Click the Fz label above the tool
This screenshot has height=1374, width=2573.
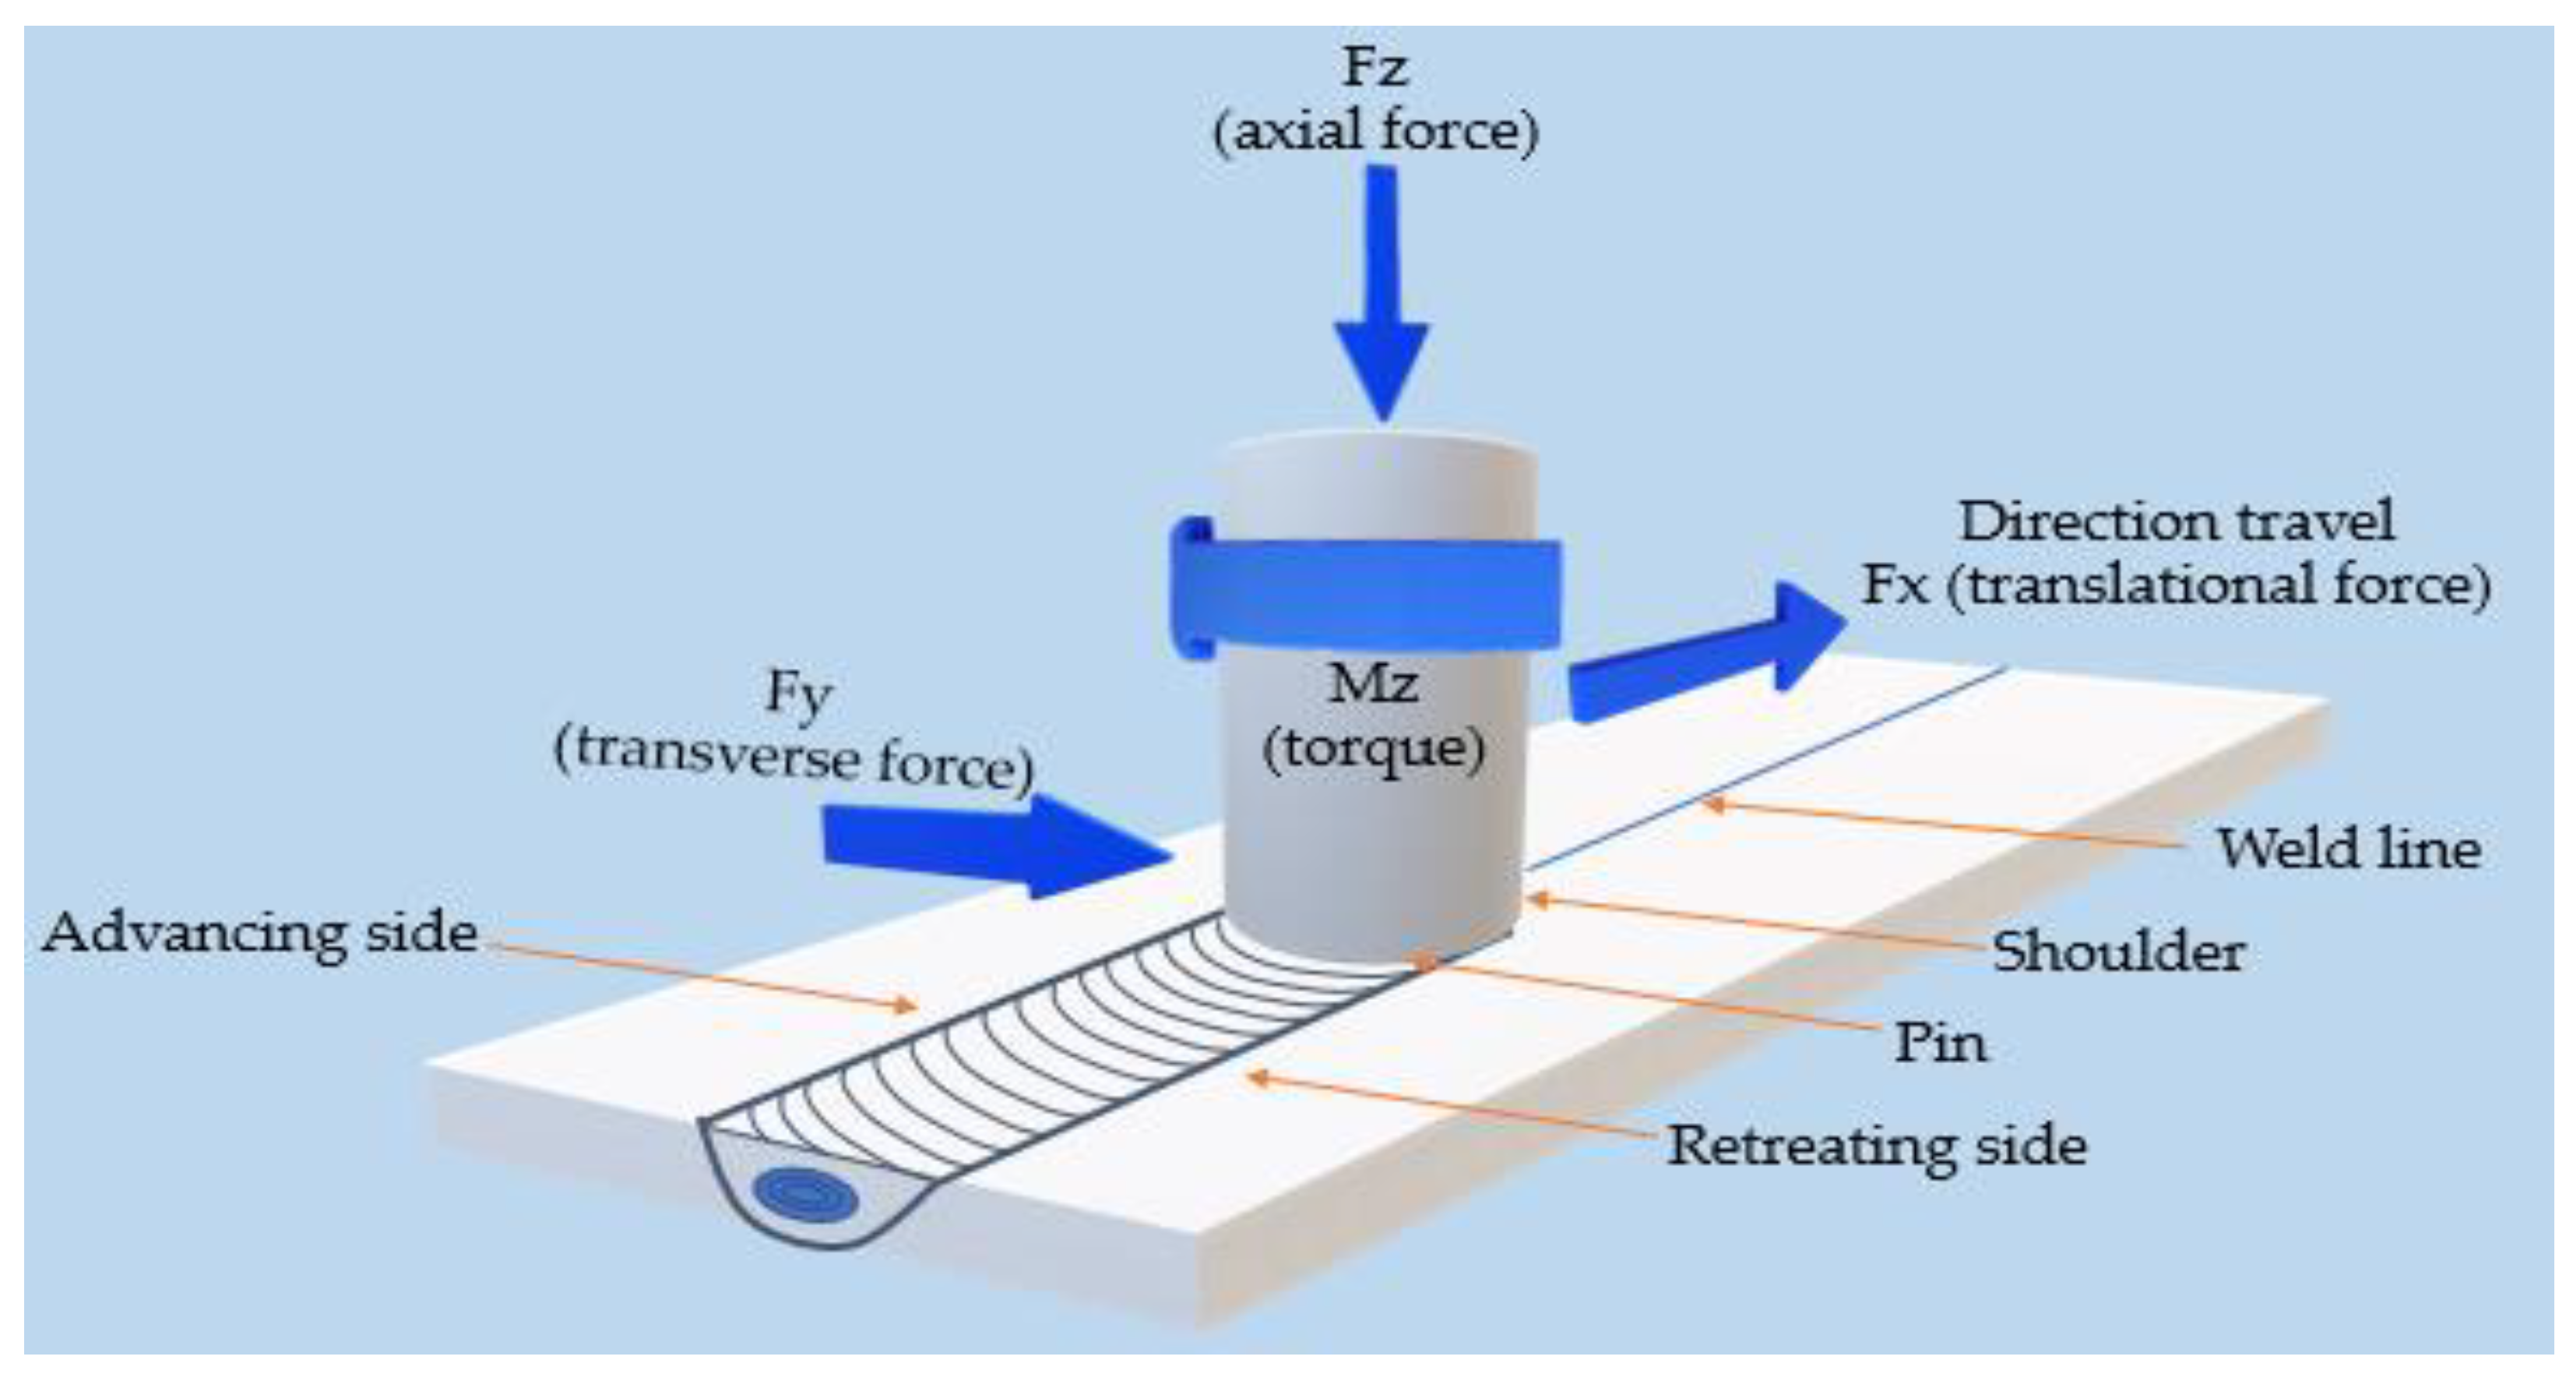click(1375, 68)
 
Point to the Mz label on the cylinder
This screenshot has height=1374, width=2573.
click(1374, 684)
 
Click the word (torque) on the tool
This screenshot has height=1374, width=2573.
click(1374, 750)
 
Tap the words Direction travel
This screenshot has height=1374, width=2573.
click(2176, 521)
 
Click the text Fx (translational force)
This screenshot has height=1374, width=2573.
click(2176, 585)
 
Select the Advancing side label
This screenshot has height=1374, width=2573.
click(259, 934)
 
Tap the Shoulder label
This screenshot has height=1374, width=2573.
click(2118, 952)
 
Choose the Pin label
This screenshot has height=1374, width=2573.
click(1940, 1044)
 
